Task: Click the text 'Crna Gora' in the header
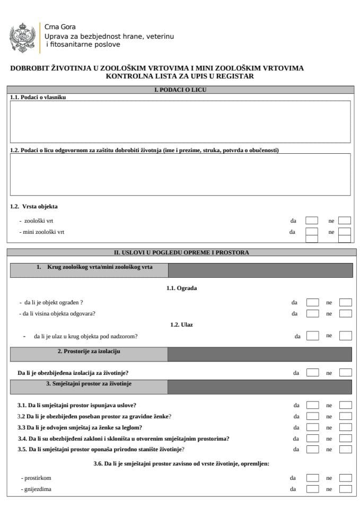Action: tap(60, 27)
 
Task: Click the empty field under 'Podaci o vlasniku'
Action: tap(180, 122)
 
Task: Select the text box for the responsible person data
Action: tap(180, 174)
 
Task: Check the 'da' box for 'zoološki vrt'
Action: tap(312, 220)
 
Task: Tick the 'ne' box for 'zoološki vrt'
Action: tap(345, 220)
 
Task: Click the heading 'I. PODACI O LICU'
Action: tap(180, 90)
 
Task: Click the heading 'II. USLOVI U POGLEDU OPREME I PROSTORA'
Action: tap(180, 252)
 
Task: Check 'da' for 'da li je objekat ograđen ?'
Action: tap(313, 302)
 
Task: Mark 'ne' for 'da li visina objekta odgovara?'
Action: tap(346, 313)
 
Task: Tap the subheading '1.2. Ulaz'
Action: tap(180, 324)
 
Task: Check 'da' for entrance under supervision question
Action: tap(313, 336)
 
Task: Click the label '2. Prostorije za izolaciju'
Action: tap(89, 352)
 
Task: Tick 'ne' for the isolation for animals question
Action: tap(346, 373)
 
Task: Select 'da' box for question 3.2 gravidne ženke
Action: tap(313, 416)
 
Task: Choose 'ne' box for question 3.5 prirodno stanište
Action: tap(346, 449)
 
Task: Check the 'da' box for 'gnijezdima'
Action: tap(313, 489)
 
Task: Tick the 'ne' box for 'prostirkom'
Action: tap(346, 478)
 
